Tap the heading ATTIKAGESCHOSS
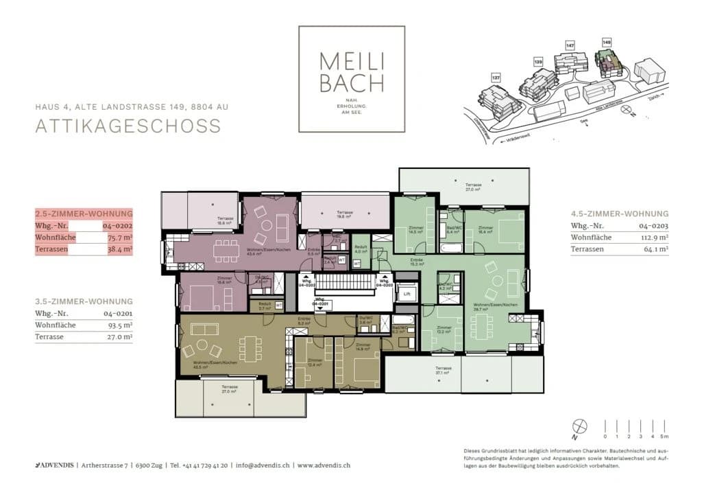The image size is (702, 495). tap(128, 126)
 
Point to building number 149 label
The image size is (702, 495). tap(606, 43)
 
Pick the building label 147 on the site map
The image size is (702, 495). tap(569, 45)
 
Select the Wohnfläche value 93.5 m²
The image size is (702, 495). tap(118, 325)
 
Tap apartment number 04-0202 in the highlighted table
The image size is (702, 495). tap(117, 225)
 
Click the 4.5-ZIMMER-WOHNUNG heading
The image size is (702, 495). tap(619, 214)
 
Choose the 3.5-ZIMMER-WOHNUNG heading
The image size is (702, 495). tap(84, 301)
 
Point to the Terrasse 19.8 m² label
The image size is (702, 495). tap(344, 215)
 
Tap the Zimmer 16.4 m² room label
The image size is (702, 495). tap(486, 229)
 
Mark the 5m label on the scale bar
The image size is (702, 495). tap(663, 436)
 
